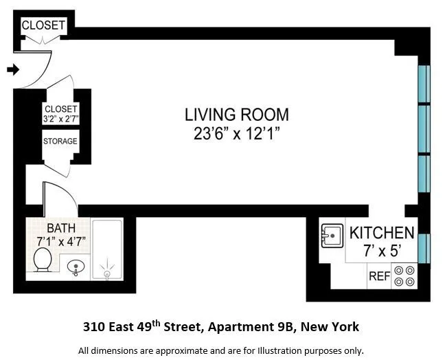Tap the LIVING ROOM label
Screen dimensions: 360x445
[x=237, y=115]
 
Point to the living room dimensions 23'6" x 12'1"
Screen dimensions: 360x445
[x=237, y=134]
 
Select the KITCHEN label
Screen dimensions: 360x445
[x=382, y=233]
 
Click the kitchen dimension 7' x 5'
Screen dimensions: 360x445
[x=382, y=251]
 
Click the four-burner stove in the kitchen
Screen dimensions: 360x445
[x=409, y=276]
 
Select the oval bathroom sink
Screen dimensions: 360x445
[x=78, y=267]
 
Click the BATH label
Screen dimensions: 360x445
[x=60, y=228]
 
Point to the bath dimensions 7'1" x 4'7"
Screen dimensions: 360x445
[x=60, y=241]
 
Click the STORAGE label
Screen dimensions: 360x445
[x=60, y=142]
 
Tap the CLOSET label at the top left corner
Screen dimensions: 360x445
[x=43, y=25]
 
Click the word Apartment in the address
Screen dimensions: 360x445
[x=241, y=326]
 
